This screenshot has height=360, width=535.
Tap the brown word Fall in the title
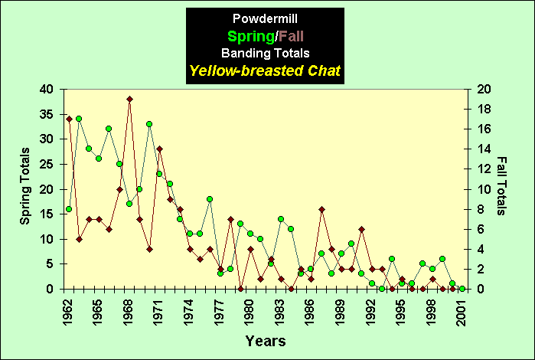point(297,36)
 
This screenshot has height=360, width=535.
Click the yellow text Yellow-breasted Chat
point(265,71)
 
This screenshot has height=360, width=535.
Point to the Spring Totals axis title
point(25,188)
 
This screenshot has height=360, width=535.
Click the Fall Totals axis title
point(501,186)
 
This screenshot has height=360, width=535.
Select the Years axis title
point(266,340)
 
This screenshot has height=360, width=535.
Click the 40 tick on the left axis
point(47,90)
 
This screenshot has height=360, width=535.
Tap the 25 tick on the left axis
point(47,165)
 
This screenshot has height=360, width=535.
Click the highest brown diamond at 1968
point(129,99)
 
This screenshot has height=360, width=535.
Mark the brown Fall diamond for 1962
point(69,119)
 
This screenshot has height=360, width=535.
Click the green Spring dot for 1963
point(79,119)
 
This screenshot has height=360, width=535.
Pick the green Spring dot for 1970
point(149,124)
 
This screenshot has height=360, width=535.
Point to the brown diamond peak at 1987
point(321,209)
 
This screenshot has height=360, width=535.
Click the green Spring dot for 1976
point(210,199)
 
